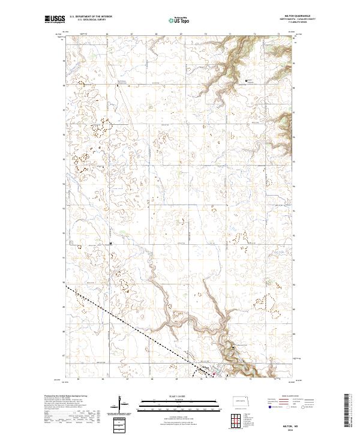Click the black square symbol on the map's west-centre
[110, 243]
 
